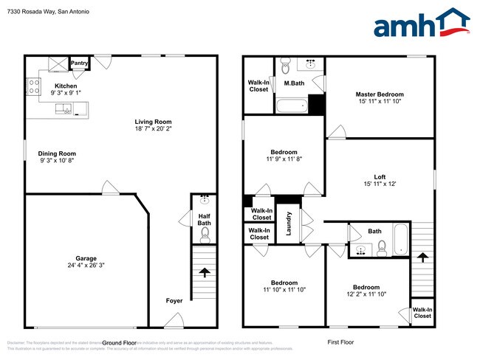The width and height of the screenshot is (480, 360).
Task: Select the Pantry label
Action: (80, 63)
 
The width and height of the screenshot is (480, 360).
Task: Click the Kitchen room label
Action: (61, 86)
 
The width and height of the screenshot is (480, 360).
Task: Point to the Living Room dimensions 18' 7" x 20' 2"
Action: (153, 128)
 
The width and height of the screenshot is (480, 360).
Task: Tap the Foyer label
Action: (174, 300)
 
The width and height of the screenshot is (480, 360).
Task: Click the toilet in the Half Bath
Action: (205, 234)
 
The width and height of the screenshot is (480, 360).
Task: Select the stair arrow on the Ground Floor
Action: (204, 273)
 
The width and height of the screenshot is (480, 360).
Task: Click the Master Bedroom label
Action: (380, 94)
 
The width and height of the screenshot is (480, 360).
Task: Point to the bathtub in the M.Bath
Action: (291, 106)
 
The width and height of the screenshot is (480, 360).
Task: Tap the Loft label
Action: (380, 176)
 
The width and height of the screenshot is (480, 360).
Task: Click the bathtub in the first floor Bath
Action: (400, 240)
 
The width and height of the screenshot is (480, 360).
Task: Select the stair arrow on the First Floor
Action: (422, 257)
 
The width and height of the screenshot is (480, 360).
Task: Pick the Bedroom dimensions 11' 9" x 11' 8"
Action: (284, 159)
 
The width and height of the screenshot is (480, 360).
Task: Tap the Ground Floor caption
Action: (120, 343)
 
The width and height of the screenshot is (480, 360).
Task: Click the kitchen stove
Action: (33, 88)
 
